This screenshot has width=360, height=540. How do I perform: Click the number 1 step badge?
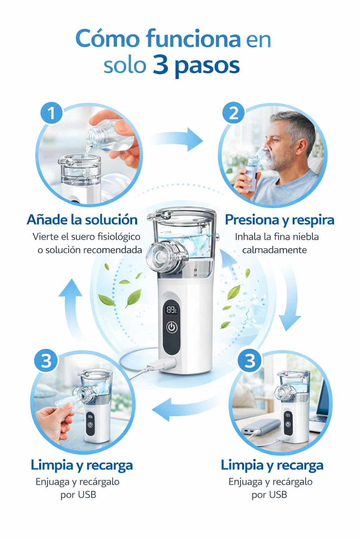pos(51,113)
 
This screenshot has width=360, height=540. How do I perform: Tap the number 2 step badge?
pos(233,113)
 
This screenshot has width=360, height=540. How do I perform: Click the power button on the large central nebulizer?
pos(172,327)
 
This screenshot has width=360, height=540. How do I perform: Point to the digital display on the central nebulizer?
pos(172,310)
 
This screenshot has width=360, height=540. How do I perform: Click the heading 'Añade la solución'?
pos(82,220)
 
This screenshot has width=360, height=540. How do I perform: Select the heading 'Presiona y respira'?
pos(279,220)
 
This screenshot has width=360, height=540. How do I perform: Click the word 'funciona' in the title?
pos(193,39)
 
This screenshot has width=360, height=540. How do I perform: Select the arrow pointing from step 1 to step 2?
pos(175,140)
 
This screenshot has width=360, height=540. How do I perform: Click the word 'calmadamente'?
pos(275,250)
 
